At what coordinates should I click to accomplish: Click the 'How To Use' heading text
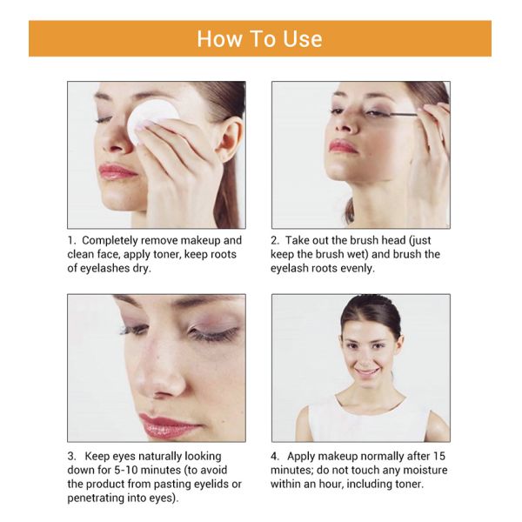point(259,39)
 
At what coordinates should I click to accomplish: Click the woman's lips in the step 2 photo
point(343,146)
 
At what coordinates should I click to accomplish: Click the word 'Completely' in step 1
point(110,240)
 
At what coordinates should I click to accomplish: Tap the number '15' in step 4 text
point(438,456)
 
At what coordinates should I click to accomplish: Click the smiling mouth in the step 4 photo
point(365,371)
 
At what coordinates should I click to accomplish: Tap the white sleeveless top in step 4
point(369,418)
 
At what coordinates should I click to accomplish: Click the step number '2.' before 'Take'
point(275,240)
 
